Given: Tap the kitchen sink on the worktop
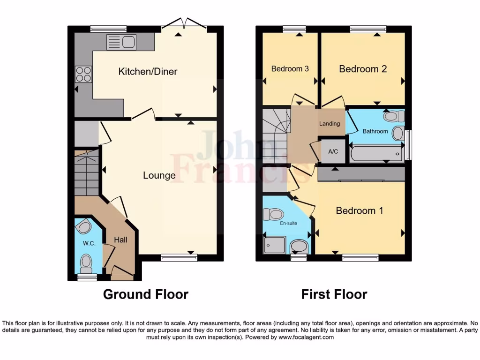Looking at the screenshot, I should [121, 43].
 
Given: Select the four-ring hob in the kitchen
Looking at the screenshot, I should [83, 74].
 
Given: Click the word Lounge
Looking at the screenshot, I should [159, 175].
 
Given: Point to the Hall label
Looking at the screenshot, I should [121, 240].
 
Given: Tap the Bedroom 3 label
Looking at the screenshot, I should [290, 69].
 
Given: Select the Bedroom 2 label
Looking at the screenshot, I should [363, 69].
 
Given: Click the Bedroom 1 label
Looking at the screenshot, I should [359, 211].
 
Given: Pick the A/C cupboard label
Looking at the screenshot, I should [333, 151].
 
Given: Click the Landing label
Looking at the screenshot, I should [330, 124].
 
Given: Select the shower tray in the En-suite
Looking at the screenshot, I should [274, 244].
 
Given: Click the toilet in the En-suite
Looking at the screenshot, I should [273, 215].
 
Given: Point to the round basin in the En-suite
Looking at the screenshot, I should [299, 246].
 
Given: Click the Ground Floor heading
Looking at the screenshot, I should [145, 294].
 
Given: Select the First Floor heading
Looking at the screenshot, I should [334, 294].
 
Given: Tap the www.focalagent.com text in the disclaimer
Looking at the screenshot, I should [306, 337].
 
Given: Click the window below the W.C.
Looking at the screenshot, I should [87, 277].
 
